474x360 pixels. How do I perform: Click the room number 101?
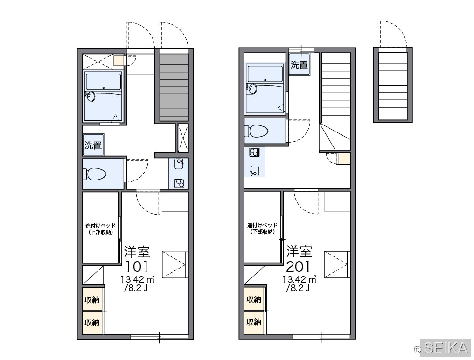[x=137, y=266]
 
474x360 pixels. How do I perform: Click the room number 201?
[x=299, y=266]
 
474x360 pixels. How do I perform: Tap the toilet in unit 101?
[x=94, y=174]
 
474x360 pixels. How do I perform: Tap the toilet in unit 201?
[x=256, y=131]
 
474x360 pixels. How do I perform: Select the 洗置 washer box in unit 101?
[x=93, y=145]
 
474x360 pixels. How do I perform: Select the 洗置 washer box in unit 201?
[x=299, y=64]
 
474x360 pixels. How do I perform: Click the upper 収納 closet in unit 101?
[x=92, y=299]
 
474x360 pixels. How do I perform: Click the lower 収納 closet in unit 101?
[x=92, y=323]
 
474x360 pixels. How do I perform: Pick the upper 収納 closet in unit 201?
[x=254, y=299]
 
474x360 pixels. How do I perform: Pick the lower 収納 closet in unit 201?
[x=254, y=322]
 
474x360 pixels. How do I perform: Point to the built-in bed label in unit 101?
[x=101, y=229]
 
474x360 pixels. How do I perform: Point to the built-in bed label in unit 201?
[x=262, y=228]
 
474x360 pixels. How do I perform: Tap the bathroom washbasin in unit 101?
[x=90, y=97]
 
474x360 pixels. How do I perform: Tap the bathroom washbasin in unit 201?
[x=252, y=89]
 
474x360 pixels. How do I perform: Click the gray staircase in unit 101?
[x=174, y=88]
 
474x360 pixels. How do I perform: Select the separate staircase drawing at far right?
[x=393, y=85]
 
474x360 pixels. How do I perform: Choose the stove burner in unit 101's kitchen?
[x=179, y=183]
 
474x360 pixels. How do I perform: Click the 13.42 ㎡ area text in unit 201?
[x=299, y=279]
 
